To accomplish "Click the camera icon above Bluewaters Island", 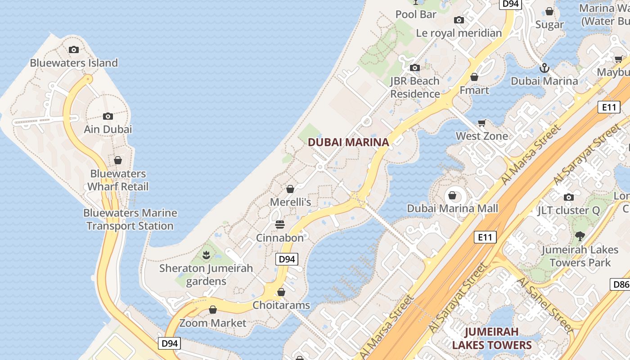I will point(74,49).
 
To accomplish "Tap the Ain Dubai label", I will point(108,130).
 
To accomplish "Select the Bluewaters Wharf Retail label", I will point(118,180).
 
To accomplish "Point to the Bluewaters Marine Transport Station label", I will point(130,219).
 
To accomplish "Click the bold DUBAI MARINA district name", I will point(348,143).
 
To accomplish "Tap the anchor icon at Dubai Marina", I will point(544,68).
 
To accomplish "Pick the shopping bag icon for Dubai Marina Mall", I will point(452,196).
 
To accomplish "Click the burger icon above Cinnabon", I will point(280,225).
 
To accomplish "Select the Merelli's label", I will point(290,202).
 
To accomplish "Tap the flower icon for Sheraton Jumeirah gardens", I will point(206,255).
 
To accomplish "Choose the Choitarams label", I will point(281,305).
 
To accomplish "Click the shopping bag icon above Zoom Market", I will point(213,310).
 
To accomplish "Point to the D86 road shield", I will point(620,284).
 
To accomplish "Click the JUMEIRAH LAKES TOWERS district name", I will point(492,338).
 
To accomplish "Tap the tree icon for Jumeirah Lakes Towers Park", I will point(580,235).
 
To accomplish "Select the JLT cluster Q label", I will point(568,210).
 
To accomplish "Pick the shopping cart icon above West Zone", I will point(481,123).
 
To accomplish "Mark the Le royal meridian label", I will point(459,33).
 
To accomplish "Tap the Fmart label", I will point(474,90).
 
